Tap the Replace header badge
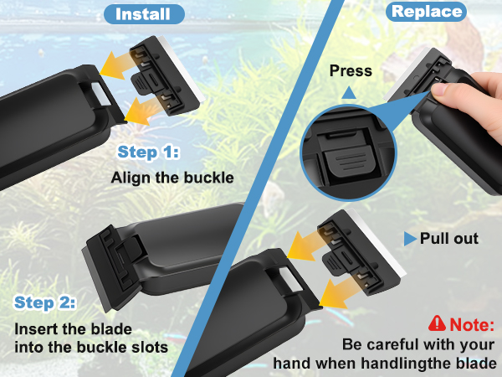pyautogui.click(x=427, y=12)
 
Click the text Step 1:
pyautogui.click(x=149, y=152)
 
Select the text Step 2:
pyautogui.click(x=44, y=302)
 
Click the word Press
pyautogui.click(x=349, y=71)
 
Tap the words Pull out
pyautogui.click(x=449, y=239)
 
